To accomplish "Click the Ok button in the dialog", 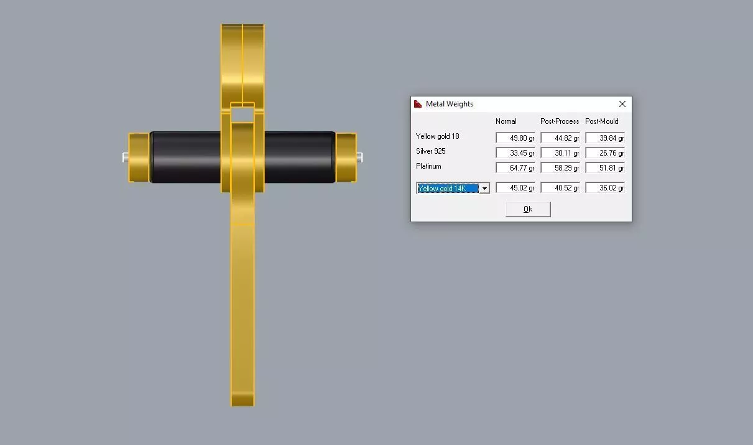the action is coord(528,209).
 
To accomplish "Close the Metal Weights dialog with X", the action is coord(622,104).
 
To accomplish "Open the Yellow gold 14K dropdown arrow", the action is coord(484,189).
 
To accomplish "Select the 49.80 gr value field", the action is coord(515,138).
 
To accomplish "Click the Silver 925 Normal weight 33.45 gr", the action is coord(515,152).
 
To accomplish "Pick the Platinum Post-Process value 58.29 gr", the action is coord(560,167).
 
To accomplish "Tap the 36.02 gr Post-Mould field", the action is coord(605,188).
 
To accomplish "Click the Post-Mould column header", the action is coord(602,121).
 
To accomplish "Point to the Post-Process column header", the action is coord(560,121).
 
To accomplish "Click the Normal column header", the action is coord(506,121).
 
